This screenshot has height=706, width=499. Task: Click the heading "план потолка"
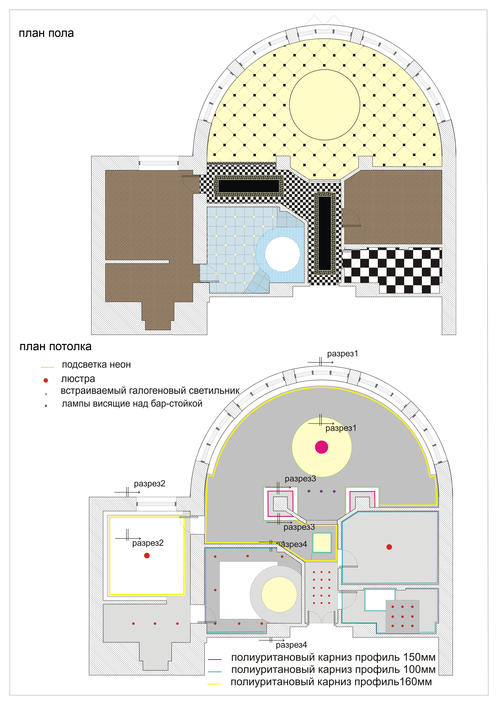[x=56, y=347]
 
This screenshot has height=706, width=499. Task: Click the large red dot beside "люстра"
[x=46, y=380]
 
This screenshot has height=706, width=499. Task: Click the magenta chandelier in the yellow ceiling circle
[x=322, y=447]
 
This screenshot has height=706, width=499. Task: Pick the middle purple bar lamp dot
[x=321, y=491]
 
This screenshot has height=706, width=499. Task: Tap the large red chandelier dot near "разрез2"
[x=147, y=556]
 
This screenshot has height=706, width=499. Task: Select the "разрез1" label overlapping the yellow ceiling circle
[x=341, y=428]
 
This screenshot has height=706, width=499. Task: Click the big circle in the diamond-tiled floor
[x=325, y=105]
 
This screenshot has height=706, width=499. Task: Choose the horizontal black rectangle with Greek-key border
[x=248, y=186]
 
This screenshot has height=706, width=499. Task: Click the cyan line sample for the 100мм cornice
[x=215, y=672]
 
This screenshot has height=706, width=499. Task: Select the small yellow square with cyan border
[x=322, y=543]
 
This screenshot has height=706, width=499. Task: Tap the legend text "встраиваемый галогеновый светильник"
[x=150, y=391]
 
